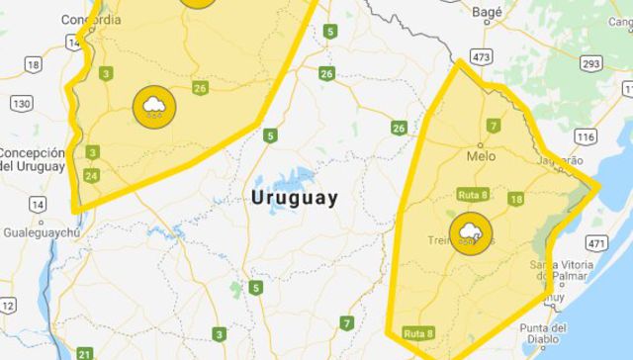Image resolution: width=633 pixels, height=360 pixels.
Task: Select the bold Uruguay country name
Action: (295, 198)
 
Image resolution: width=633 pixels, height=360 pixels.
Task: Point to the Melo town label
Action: (481, 156)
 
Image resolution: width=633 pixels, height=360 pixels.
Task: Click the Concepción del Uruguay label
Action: (32, 159)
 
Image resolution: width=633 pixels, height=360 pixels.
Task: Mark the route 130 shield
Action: (21, 104)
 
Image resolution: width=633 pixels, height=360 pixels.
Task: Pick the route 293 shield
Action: (590, 63)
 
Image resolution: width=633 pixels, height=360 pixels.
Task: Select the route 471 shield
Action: (595, 240)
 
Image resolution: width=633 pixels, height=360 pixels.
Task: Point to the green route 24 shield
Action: (92, 176)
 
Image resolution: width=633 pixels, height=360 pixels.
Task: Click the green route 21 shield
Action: (84, 353)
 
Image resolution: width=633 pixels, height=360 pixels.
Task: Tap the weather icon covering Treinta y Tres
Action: (468, 234)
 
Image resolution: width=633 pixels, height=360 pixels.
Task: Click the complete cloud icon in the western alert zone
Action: (154, 105)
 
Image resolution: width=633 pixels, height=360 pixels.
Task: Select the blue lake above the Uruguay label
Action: (290, 179)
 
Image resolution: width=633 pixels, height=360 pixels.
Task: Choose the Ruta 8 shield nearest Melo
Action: (472, 195)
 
